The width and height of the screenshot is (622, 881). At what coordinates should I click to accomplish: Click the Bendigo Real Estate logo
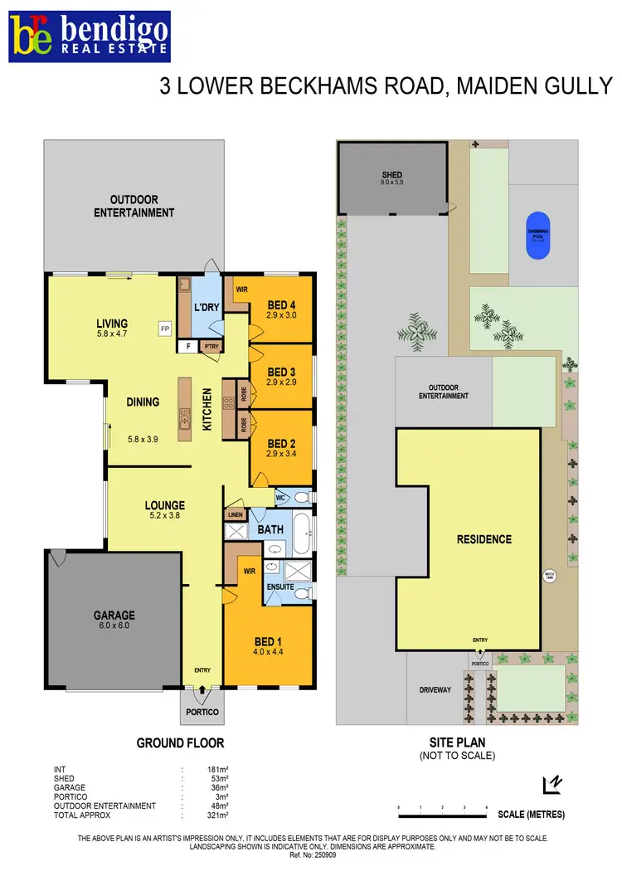90,37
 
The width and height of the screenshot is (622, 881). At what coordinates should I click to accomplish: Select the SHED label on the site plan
392,175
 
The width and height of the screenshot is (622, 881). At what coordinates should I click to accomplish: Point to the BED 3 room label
282,372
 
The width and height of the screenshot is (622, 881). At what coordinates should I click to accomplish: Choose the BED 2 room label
282,443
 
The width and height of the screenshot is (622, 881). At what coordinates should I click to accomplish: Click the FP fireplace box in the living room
165,329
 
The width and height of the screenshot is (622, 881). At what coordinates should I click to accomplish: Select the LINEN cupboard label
236,515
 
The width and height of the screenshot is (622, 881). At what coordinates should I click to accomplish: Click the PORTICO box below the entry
201,712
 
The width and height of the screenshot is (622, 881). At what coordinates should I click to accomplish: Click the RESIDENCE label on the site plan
484,539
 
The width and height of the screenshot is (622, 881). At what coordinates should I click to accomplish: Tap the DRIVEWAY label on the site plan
435,689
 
